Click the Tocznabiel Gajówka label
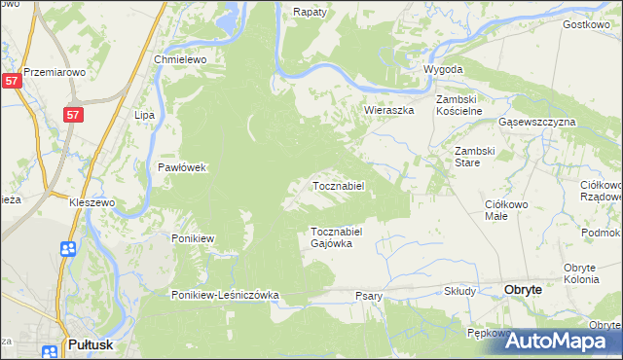pos(337,237)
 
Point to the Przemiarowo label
pos(55,72)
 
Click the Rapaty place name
pos(311,13)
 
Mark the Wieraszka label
pos(389,111)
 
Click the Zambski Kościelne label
pos(459,106)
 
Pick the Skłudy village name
pos(459,291)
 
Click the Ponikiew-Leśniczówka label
pos(226,295)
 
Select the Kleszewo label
pos(92,202)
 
